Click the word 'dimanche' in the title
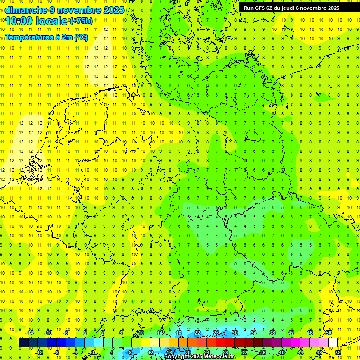pyautogui.click(x=25, y=10)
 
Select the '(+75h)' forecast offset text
pyautogui.click(x=81, y=21)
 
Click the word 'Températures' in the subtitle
pyautogui.click(x=29, y=37)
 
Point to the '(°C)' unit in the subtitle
pyautogui.click(x=81, y=37)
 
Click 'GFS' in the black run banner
pyautogui.click(x=261, y=8)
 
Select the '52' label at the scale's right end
pyautogui.click(x=338, y=352)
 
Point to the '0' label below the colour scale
pyautogui.click(x=93, y=352)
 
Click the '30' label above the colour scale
pyautogui.click(x=234, y=333)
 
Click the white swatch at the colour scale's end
pyautogui.click(x=333, y=343)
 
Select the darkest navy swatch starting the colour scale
pyautogui.click(x=23, y=343)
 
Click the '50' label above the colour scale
pyautogui.click(x=329, y=333)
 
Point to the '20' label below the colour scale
pyautogui.click(x=187, y=352)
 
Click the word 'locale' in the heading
pyautogui.click(x=52, y=21)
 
